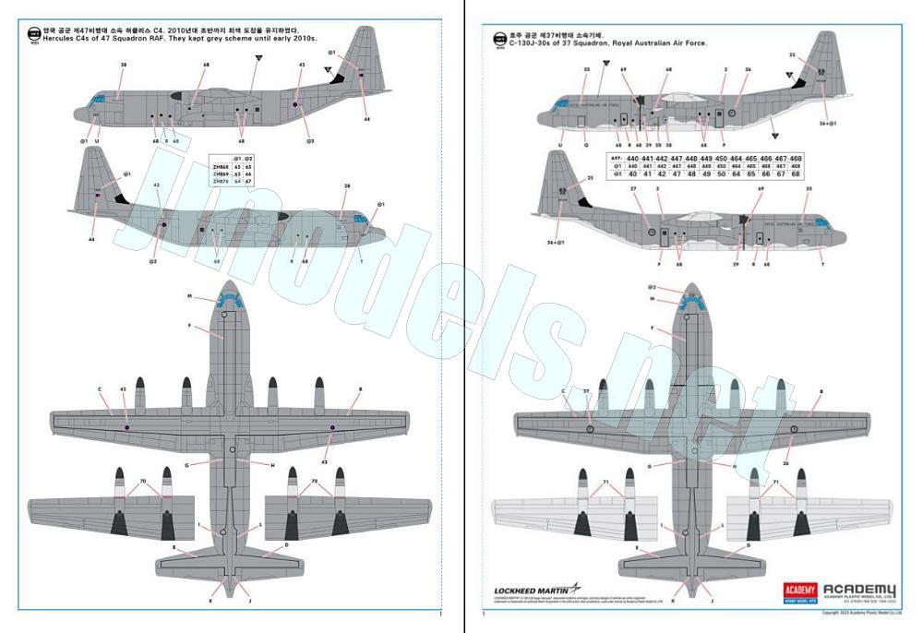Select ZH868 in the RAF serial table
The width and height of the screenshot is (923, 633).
click(x=222, y=166)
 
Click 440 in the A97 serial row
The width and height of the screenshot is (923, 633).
click(x=632, y=159)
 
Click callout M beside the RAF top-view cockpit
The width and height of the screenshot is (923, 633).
click(x=189, y=297)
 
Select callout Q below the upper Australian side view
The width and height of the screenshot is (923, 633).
click(x=585, y=145)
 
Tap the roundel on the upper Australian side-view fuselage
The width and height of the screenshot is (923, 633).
click(x=731, y=113)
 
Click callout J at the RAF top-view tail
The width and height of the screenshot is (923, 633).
click(x=249, y=601)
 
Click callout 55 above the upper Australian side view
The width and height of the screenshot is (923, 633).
click(x=587, y=70)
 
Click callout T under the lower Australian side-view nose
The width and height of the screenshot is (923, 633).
click(x=821, y=264)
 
